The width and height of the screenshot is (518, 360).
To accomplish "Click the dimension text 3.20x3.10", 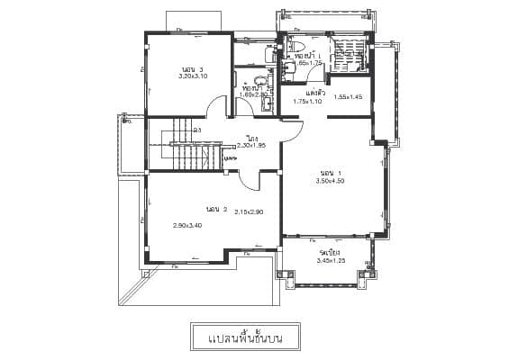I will [194, 76].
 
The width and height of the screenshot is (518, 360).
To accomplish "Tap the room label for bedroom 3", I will [192, 68].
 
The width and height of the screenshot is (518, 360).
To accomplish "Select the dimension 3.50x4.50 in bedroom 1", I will [330, 181].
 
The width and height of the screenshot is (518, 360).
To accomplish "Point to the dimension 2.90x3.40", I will [187, 225].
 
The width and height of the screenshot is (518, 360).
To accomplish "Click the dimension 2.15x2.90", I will [248, 212].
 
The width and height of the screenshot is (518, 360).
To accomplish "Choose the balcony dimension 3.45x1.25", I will [331, 261].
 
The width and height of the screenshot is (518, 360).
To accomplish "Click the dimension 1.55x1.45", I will [348, 97].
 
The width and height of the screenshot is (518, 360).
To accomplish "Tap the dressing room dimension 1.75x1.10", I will [308, 102].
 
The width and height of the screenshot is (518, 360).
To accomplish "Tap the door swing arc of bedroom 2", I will [250, 180].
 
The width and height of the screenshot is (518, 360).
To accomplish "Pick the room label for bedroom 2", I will [216, 209].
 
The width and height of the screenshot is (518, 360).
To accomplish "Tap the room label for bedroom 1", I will [331, 172].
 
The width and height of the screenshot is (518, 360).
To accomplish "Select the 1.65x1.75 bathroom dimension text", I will [308, 64].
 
